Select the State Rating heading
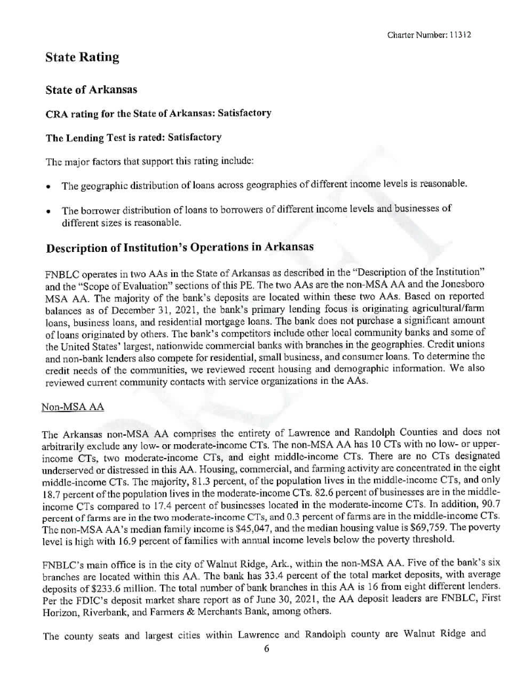tap(82, 58)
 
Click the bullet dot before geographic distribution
tap(49, 186)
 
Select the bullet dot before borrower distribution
tap(49, 211)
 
